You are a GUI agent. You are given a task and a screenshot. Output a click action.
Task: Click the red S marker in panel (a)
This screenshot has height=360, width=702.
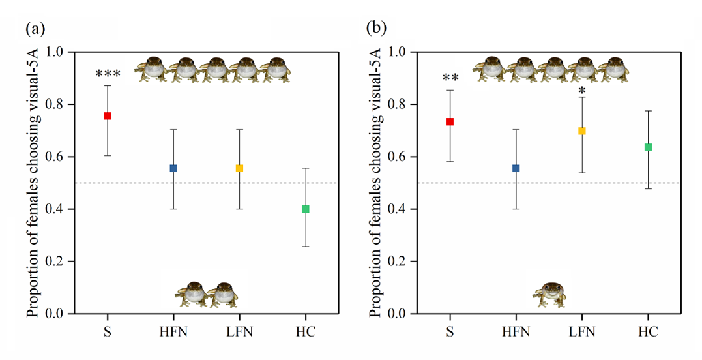108,116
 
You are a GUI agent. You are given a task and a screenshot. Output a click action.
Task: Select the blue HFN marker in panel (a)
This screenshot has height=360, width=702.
173,168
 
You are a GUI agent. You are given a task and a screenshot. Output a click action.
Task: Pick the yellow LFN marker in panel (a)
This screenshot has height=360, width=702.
239,168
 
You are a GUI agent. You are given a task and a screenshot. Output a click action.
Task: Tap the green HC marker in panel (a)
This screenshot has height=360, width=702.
305,209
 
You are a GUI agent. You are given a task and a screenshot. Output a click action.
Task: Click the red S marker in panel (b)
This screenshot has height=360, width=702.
450,122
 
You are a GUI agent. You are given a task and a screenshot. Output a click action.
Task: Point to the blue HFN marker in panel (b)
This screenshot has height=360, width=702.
516,168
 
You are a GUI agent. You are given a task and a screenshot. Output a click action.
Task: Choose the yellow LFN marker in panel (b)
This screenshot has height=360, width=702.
582,131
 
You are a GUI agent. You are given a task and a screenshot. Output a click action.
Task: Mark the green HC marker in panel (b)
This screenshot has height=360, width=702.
648,147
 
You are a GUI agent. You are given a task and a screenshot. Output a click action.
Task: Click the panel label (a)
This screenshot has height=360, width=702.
35,28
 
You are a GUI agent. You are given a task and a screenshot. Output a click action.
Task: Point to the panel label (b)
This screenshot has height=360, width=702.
376,28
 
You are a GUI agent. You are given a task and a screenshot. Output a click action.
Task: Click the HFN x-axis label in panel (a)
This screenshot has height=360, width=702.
173,333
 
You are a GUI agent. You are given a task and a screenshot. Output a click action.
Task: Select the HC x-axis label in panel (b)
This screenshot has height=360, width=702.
648,333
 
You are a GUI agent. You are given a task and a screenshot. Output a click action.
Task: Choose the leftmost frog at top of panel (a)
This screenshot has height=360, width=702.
153,69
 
